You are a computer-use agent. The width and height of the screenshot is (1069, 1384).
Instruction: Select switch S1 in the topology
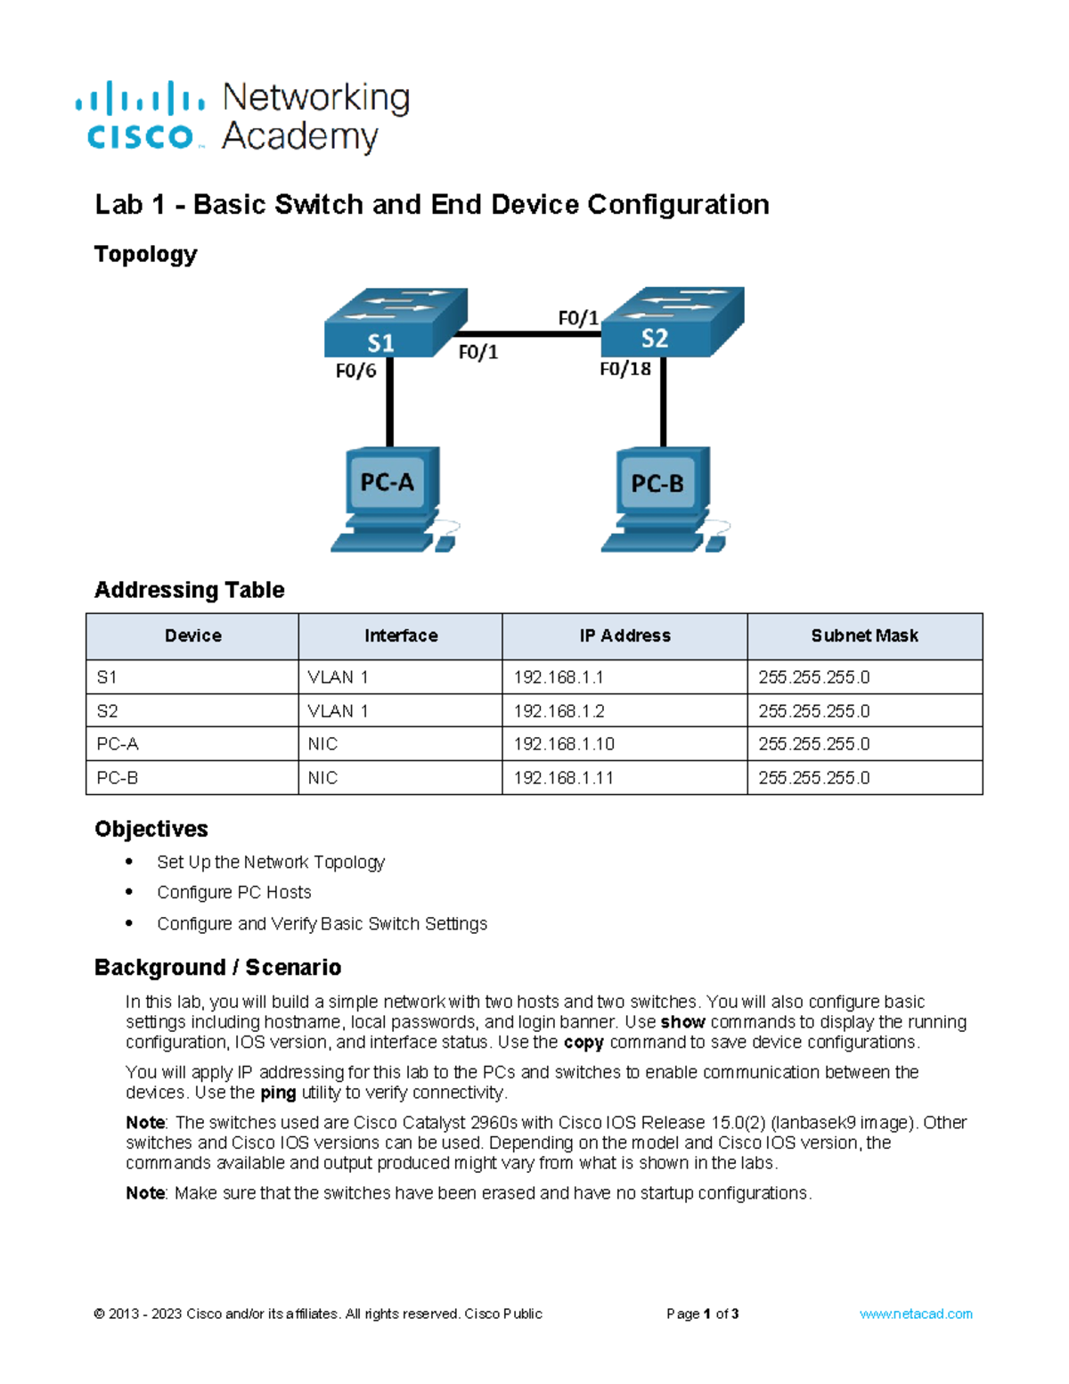click(395, 323)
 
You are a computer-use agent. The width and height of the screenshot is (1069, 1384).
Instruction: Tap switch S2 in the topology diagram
click(672, 322)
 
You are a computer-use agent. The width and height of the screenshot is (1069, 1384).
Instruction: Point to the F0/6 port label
click(355, 371)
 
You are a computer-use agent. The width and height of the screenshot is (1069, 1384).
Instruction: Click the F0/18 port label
click(624, 369)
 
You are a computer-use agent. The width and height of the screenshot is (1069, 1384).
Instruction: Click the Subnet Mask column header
click(864, 636)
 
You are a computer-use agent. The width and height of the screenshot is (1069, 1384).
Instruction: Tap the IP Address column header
click(624, 636)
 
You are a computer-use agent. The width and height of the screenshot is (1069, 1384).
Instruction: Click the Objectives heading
click(151, 829)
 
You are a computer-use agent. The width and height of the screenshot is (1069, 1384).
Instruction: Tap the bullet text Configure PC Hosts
click(234, 893)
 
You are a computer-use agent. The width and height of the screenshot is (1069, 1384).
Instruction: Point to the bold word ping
click(278, 1093)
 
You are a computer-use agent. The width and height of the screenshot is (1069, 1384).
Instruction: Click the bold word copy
click(583, 1043)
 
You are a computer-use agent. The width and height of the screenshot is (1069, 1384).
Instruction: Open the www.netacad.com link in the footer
click(916, 1314)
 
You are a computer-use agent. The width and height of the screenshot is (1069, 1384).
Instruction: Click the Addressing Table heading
click(190, 590)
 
